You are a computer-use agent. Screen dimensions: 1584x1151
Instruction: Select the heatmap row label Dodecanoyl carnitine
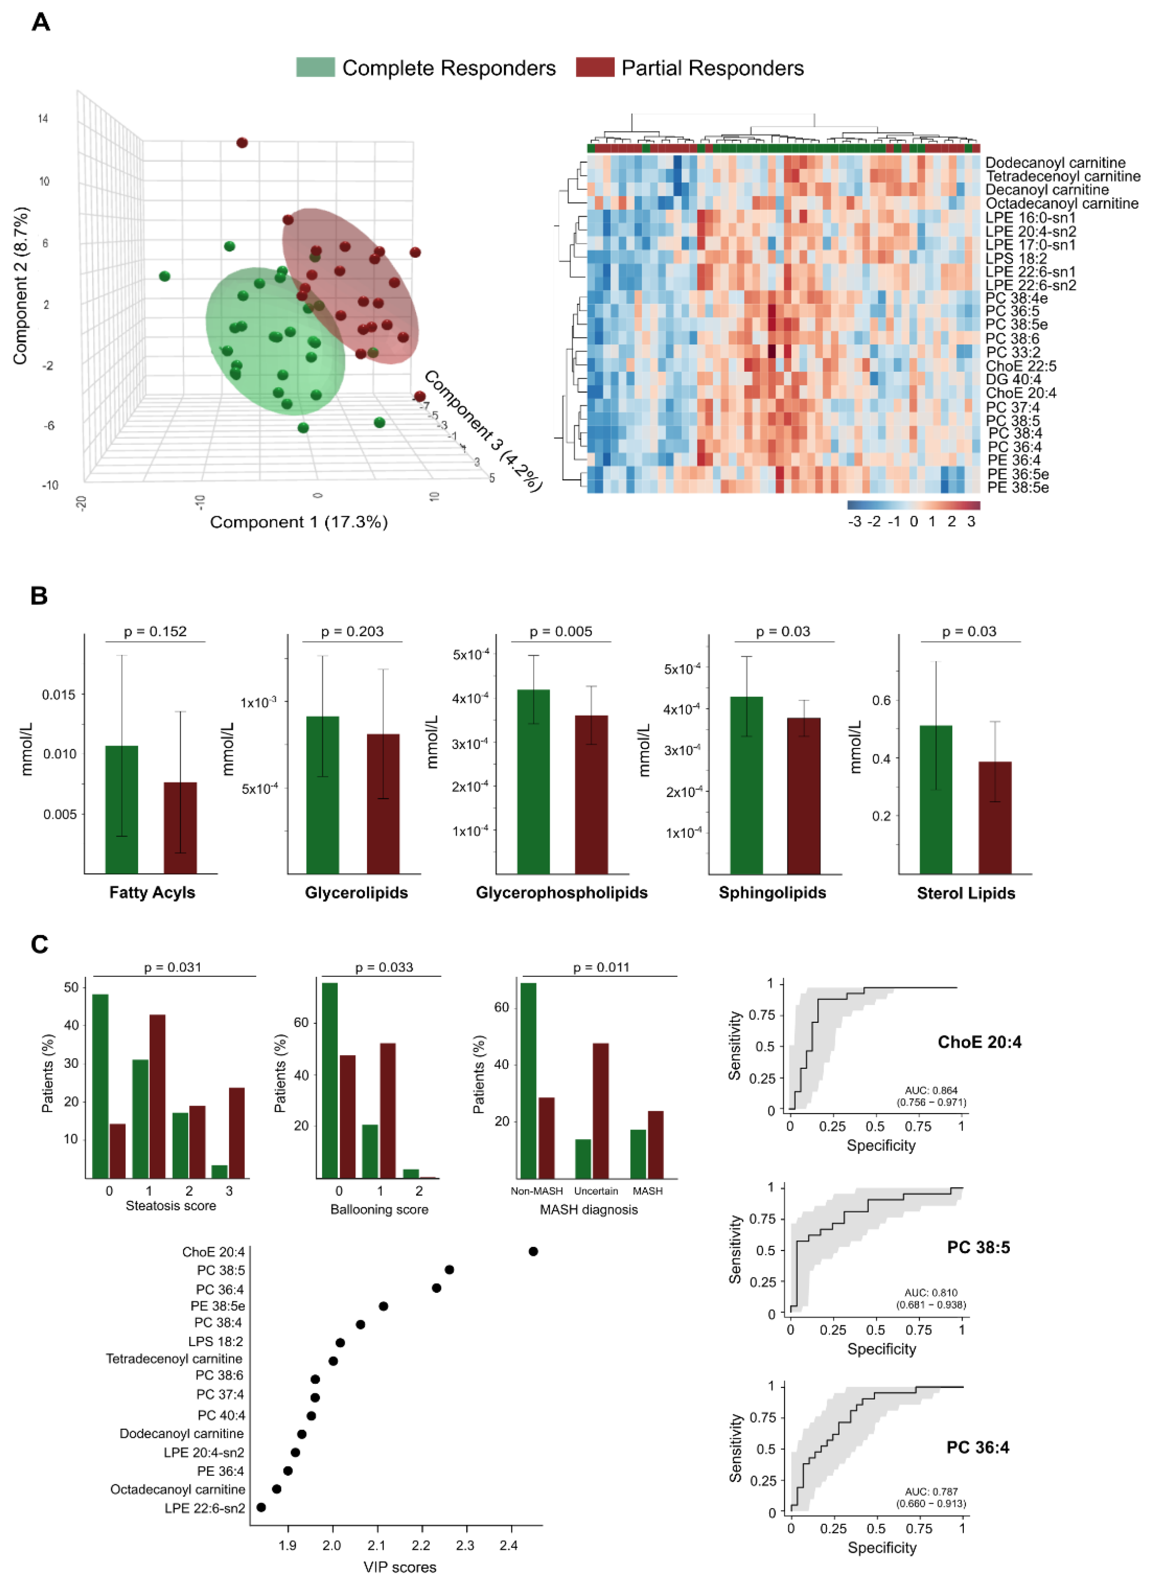(x=1055, y=163)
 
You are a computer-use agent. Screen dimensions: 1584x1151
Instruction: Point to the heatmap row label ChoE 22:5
(x=1020, y=366)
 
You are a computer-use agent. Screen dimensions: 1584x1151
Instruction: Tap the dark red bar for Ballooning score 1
(x=388, y=1110)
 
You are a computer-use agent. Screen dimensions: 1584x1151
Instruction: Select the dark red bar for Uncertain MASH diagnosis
(x=600, y=1110)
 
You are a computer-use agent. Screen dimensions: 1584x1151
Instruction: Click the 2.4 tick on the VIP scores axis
(x=509, y=1545)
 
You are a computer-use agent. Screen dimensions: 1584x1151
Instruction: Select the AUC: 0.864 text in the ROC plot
(x=931, y=1090)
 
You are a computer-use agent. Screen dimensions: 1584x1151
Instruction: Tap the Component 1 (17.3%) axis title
(x=298, y=522)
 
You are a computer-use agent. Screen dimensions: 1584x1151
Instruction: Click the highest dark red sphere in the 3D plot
(x=242, y=142)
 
